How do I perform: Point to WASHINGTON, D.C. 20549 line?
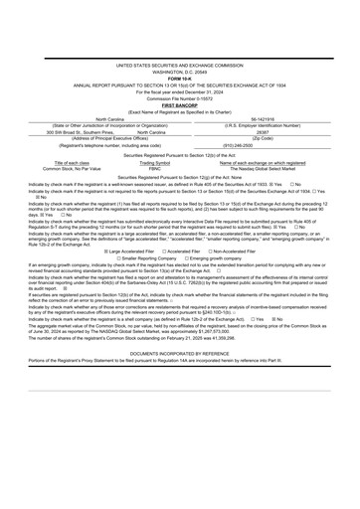tap(180, 100)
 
